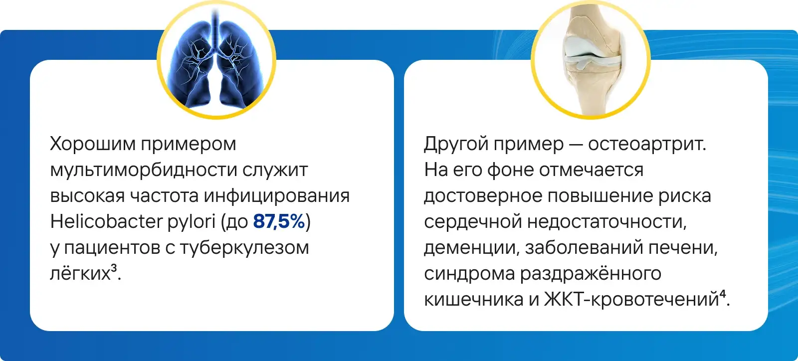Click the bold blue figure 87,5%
(x=279, y=221)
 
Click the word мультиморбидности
(x=144, y=170)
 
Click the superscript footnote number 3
(x=114, y=268)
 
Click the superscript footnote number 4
(x=723, y=294)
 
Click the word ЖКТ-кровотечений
(x=631, y=299)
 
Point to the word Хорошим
(x=93, y=144)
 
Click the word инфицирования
(x=277, y=196)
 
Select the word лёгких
(x=80, y=273)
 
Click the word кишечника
(x=474, y=299)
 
